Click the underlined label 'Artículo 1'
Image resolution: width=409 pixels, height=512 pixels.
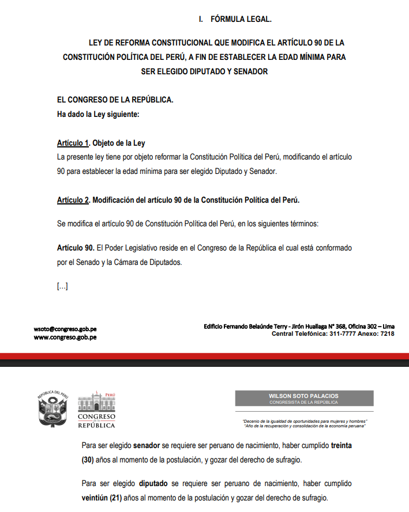click(x=73, y=143)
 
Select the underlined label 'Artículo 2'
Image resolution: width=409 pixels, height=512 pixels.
click(x=73, y=200)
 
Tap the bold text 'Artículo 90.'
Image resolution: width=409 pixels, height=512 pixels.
click(x=76, y=248)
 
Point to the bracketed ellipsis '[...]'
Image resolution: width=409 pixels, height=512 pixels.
click(x=62, y=286)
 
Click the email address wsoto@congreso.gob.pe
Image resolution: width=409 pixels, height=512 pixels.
click(x=65, y=329)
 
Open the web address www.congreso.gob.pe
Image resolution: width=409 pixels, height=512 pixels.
click(x=65, y=337)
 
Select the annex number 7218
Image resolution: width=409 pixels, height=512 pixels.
click(x=388, y=334)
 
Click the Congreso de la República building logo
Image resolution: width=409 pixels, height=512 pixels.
click(x=96, y=409)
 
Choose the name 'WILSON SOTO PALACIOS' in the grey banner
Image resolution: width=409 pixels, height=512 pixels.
click(x=304, y=396)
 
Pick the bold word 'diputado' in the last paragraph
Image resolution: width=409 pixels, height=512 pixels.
click(x=155, y=484)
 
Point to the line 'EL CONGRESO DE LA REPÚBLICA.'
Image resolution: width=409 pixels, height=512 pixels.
click(x=115, y=100)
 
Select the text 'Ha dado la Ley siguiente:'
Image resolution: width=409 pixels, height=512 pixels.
click(x=98, y=114)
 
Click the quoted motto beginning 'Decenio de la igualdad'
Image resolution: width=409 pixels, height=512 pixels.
click(x=305, y=421)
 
